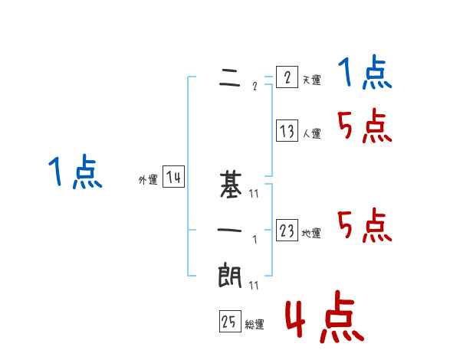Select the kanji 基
point(230,185)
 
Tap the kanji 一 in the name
point(230,230)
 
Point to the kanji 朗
point(230,275)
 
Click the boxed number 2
point(286,77)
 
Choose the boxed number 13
point(286,131)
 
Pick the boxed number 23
point(286,231)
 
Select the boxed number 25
point(229,322)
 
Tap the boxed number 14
point(173,178)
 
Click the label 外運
point(147,181)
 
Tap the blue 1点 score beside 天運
point(365,74)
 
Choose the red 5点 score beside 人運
point(365,126)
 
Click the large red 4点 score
point(324,319)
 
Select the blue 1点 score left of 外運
point(75,172)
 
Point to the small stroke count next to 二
point(254,87)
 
